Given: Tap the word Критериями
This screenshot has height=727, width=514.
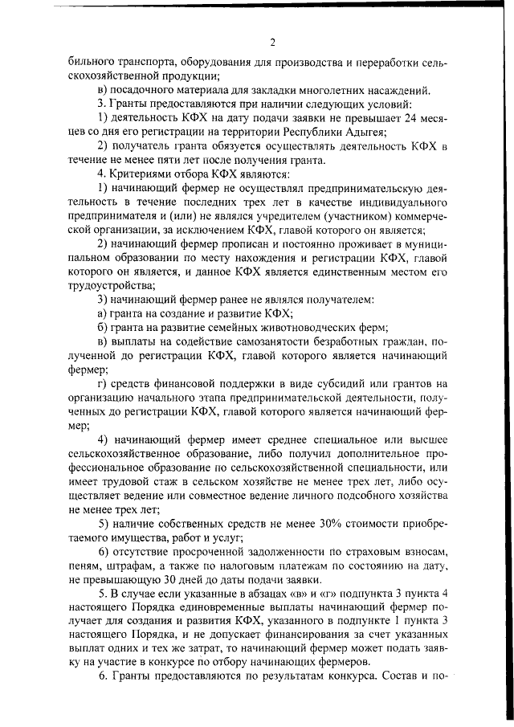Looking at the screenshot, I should (136, 174).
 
